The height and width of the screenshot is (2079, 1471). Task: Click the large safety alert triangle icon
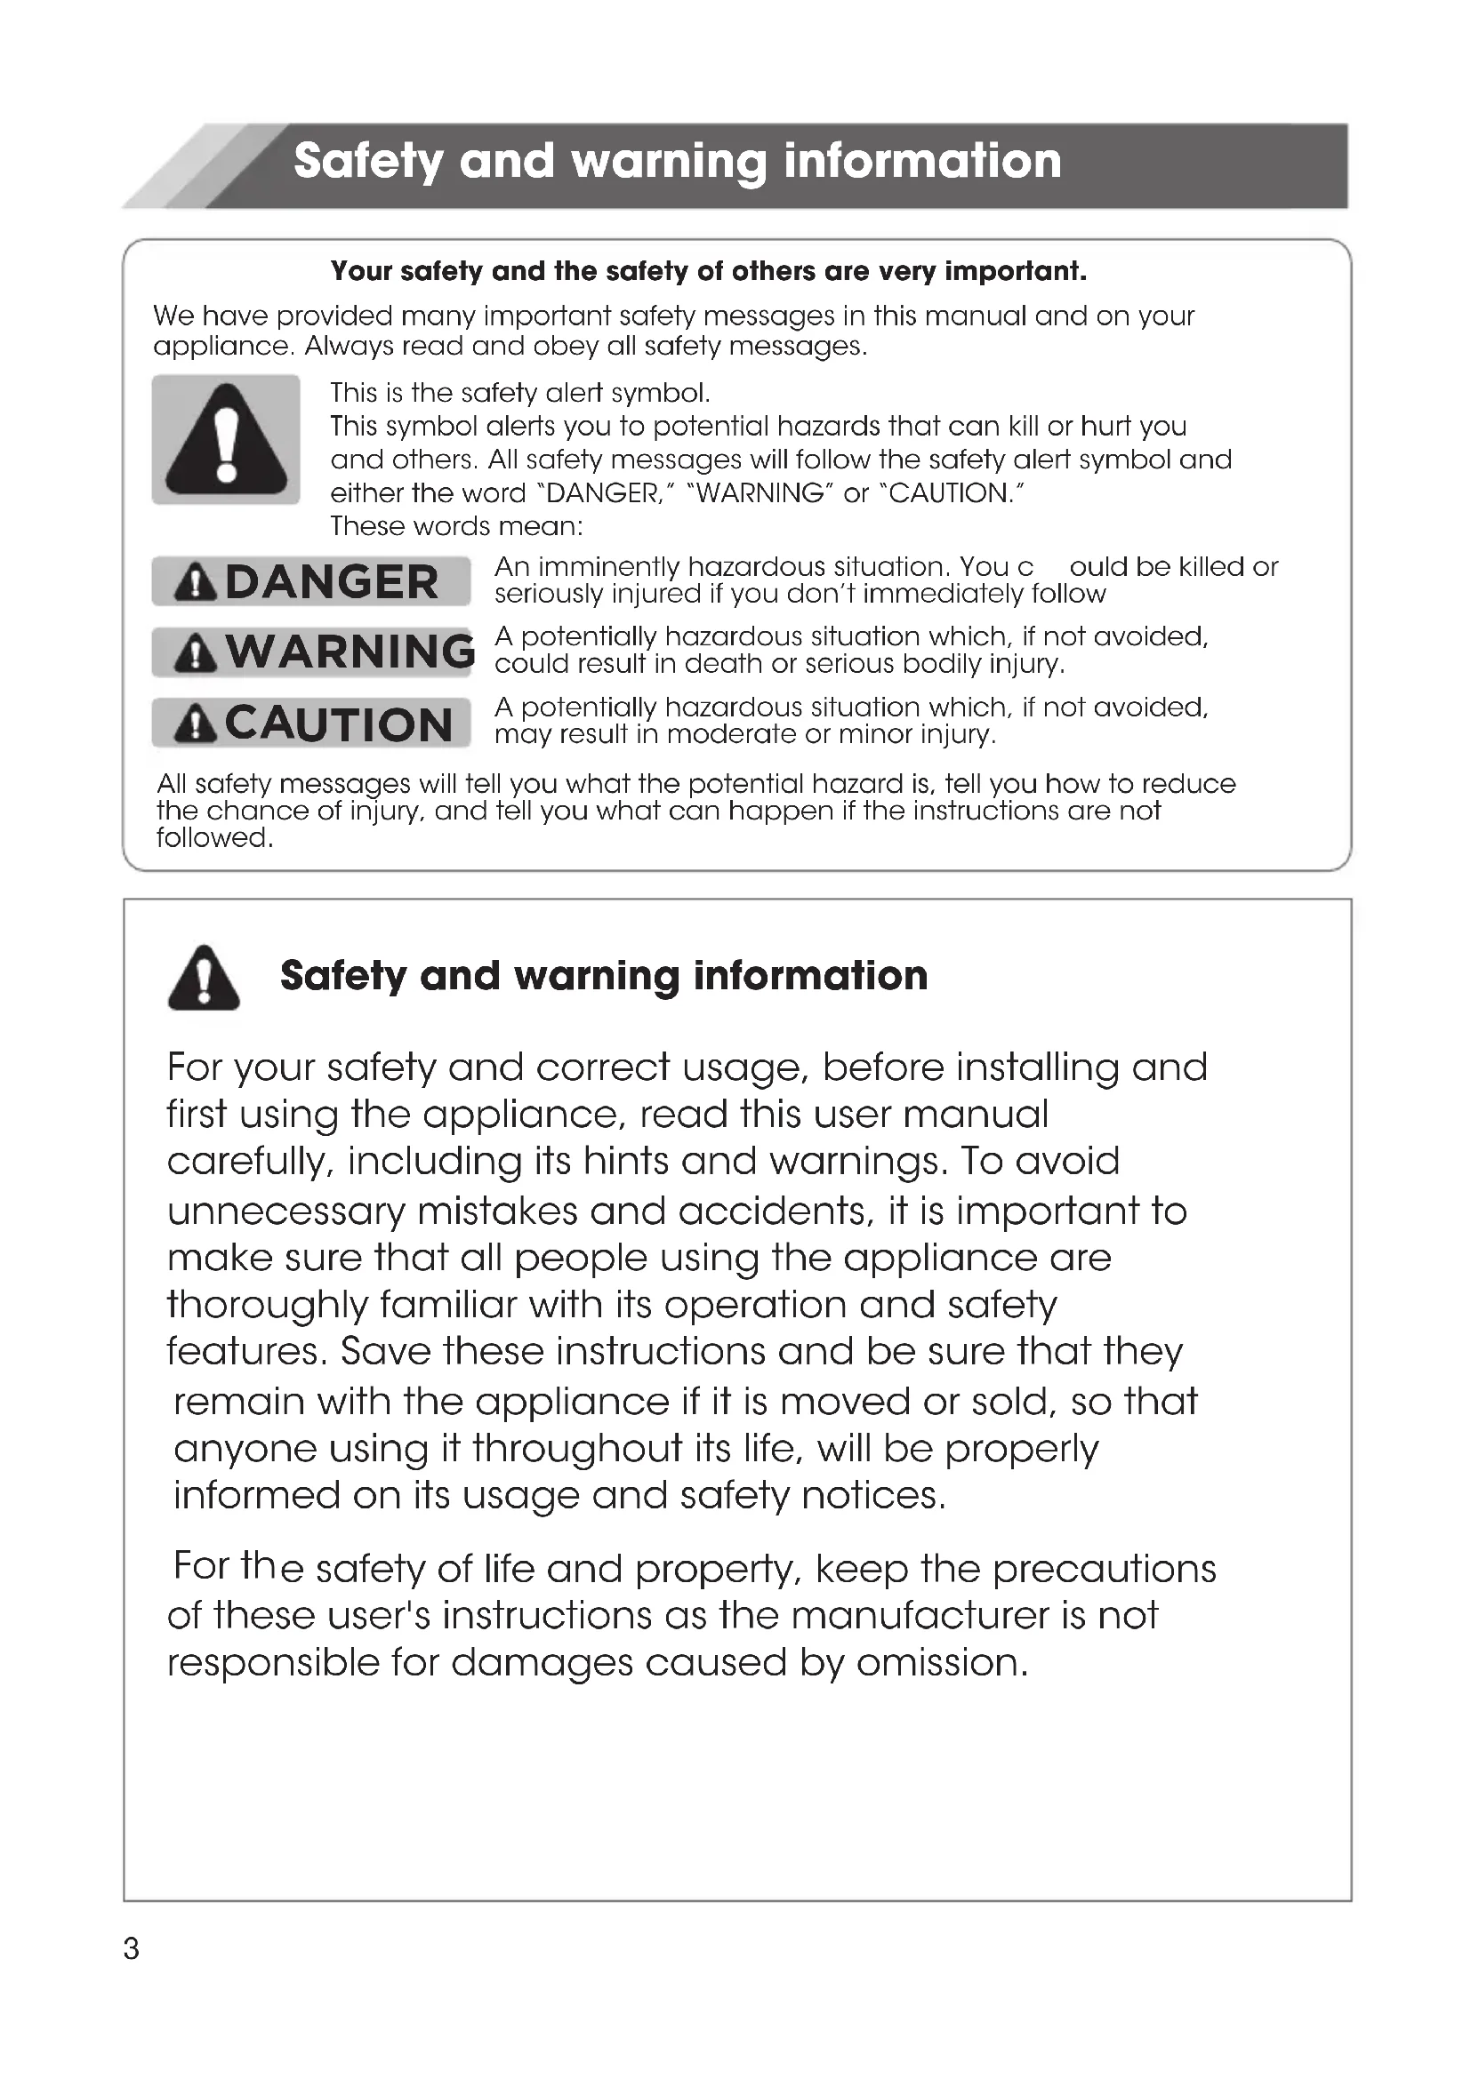coord(226,440)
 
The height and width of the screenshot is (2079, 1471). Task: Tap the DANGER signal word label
coord(311,581)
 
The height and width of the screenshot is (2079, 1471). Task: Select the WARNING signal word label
coord(313,652)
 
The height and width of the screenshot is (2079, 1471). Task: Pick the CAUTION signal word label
coord(311,723)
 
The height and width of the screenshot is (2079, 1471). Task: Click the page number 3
coord(132,1947)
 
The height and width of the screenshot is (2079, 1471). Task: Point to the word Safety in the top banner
coord(368,161)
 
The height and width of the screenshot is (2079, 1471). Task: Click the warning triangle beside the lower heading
coord(204,978)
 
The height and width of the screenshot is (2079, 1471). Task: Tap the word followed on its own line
coord(213,837)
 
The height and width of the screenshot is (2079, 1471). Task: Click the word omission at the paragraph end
coord(942,1662)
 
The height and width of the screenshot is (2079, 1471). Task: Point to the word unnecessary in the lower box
coord(286,1211)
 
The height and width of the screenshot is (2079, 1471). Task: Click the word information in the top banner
coord(922,161)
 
